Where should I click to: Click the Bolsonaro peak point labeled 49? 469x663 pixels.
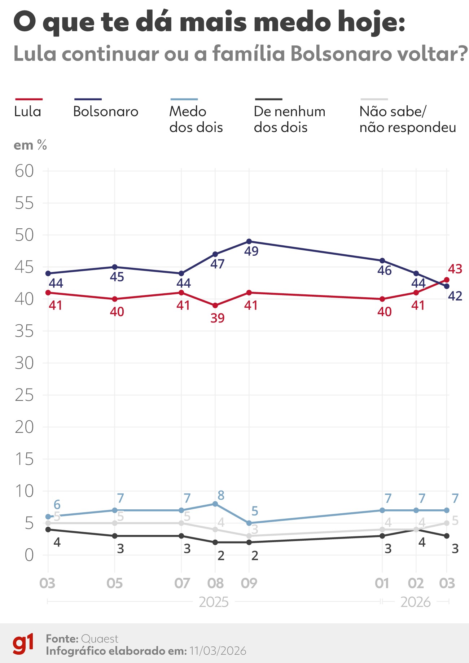(249, 241)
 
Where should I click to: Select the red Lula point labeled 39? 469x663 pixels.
(215, 306)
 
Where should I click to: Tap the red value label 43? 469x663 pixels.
(455, 269)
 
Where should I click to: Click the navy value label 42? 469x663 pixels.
(455, 296)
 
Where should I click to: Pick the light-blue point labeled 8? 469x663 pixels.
(215, 504)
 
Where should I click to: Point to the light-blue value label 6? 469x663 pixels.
(57, 504)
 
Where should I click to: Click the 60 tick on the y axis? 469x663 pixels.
(24, 171)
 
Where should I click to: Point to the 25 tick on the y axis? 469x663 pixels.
(24, 395)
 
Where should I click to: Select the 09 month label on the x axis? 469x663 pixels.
(249, 583)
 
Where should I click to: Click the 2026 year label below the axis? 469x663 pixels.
(415, 602)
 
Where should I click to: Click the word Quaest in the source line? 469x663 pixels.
(100, 639)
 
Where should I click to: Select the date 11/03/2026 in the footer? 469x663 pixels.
(218, 651)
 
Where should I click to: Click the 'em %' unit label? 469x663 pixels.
(30, 145)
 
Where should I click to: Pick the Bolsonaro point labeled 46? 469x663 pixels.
(382, 260)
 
